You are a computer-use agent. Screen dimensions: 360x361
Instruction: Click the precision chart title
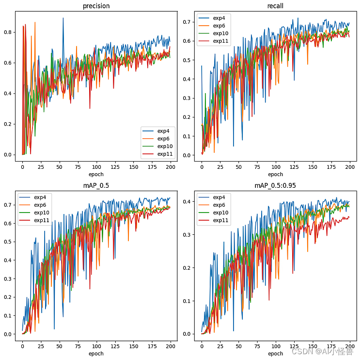point(96,6)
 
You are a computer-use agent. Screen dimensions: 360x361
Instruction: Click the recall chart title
point(275,6)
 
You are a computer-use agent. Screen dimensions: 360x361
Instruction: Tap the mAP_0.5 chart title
point(96,186)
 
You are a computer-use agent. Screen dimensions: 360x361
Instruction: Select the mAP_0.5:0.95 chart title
point(275,186)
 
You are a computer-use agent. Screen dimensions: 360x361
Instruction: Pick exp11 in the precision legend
point(165,154)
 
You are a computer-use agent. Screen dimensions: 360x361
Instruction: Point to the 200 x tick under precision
point(171,166)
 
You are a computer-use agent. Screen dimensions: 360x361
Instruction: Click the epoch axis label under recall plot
point(275,174)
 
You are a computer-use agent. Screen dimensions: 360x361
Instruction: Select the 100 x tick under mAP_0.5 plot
point(96,346)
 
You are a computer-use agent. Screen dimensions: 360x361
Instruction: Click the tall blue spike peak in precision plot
point(63,18)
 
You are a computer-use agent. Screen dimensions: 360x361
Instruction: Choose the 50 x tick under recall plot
point(239,166)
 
